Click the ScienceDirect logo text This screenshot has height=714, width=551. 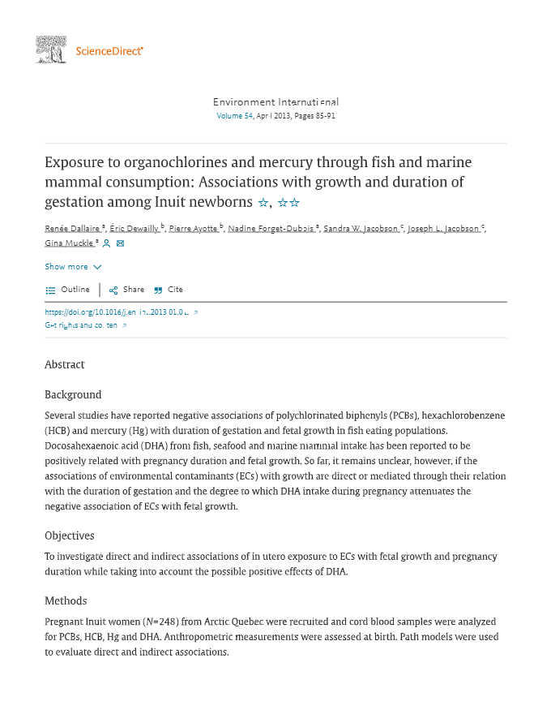(109, 51)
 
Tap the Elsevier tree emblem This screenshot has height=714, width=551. (50, 49)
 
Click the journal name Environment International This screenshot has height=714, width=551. (275, 102)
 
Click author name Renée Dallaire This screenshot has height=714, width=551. (72, 229)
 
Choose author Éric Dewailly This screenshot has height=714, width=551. (135, 229)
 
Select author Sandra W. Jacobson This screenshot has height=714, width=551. (361, 229)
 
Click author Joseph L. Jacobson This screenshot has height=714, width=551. (443, 229)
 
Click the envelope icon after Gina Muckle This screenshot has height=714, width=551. (121, 243)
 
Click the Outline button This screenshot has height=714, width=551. (68, 290)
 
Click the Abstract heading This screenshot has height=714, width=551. (65, 365)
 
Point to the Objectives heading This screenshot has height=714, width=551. (70, 535)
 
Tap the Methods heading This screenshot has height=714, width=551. (66, 601)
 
